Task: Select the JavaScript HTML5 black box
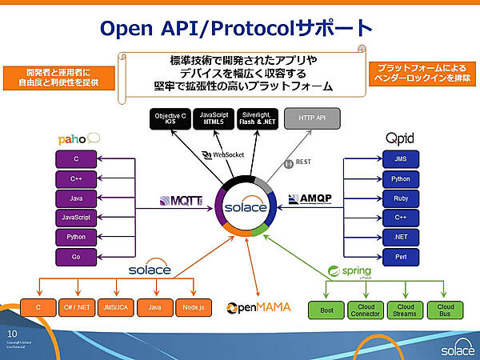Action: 215,120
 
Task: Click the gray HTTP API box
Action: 313,119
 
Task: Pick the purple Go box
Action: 76,256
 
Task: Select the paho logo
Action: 77,138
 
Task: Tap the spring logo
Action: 354,270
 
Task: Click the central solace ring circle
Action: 241,207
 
